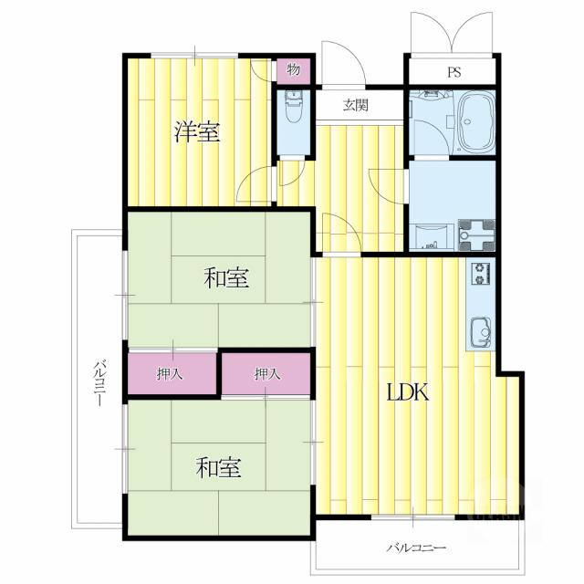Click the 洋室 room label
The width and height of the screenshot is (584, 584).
[197, 131]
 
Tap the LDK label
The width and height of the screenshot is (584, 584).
[408, 392]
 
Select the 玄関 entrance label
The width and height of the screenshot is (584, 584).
[356, 106]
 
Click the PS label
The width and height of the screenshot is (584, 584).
[454, 71]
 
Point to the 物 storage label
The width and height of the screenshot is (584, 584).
[294, 69]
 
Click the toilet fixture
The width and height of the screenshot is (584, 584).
[294, 106]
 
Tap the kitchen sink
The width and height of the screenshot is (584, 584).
[481, 332]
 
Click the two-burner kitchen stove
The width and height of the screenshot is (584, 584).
[481, 274]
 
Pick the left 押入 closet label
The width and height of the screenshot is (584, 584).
[170, 373]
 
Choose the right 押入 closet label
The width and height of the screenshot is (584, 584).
[266, 373]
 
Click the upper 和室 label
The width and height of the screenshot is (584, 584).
[226, 277]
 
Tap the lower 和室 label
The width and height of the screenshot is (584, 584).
[219, 467]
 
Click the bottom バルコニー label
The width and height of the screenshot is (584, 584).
[416, 547]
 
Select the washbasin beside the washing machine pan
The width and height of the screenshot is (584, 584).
[431, 237]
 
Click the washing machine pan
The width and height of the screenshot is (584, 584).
[477, 235]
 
